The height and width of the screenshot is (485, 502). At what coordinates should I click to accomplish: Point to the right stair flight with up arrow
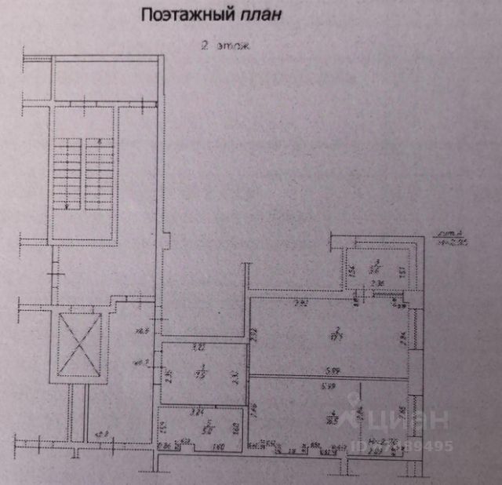[96, 173]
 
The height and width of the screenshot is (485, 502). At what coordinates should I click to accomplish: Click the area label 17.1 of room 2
[335, 335]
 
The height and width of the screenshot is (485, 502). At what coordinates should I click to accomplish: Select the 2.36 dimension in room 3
[376, 283]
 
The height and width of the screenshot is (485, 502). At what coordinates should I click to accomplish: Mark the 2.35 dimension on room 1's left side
[169, 374]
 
